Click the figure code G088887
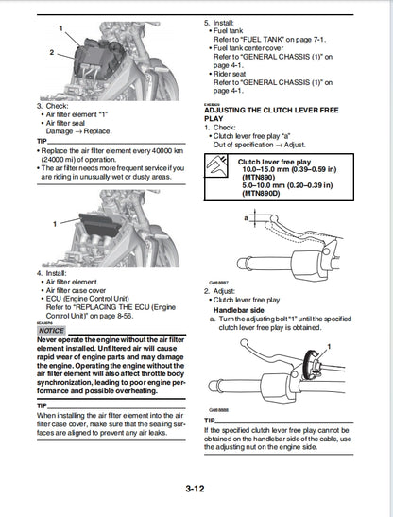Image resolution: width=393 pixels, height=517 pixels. pyautogui.click(x=220, y=282)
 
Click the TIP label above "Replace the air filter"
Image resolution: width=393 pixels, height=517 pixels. pyautogui.click(x=42, y=141)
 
